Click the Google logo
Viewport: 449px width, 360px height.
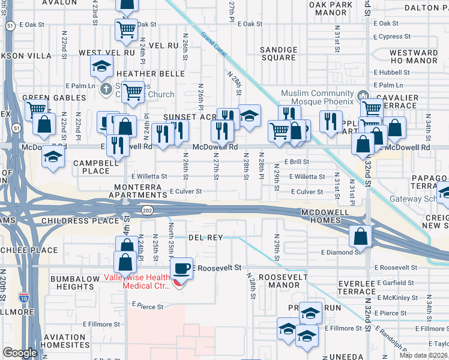pos(20,353)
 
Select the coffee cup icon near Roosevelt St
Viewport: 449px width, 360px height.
pos(182,268)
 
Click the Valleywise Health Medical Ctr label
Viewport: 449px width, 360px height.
pos(137,281)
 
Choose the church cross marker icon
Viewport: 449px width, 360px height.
pos(106,89)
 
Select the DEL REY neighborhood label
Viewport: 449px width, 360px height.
pos(205,238)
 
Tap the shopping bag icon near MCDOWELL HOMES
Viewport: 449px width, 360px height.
pos(360,236)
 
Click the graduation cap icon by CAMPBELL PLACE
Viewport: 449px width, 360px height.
pos(53,157)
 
